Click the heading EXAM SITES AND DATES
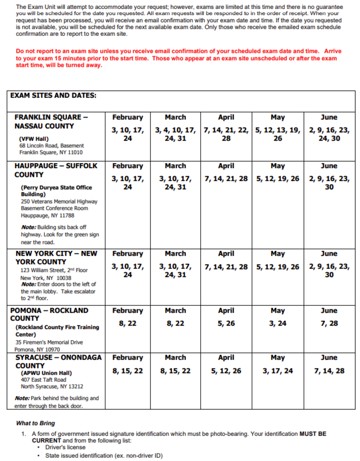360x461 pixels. (x=53, y=95)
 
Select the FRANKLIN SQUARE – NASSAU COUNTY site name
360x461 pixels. (x=51, y=122)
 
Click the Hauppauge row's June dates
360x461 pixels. (x=329, y=183)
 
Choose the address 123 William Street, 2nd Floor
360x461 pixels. (x=54, y=270)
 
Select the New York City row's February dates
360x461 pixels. (x=127, y=270)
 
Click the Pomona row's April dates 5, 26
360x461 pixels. (x=226, y=323)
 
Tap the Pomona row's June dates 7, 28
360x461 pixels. (x=329, y=323)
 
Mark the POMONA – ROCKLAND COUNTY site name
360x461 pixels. (x=49, y=314)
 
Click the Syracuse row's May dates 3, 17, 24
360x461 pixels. (x=278, y=371)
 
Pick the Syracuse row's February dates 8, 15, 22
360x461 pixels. (x=127, y=371)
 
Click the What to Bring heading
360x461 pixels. (x=35, y=423)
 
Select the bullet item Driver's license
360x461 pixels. (x=65, y=447)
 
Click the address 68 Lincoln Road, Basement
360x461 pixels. (x=51, y=145)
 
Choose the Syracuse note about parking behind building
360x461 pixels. (x=57, y=402)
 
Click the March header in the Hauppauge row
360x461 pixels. (x=175, y=166)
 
